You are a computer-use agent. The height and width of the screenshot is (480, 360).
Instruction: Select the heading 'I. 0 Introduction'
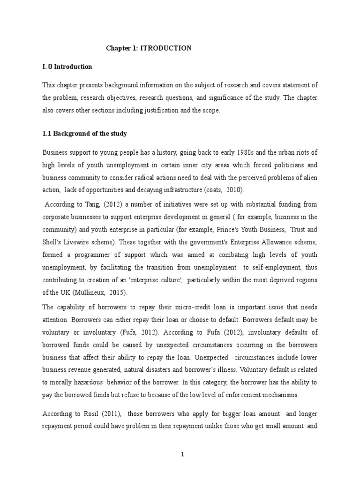point(67,67)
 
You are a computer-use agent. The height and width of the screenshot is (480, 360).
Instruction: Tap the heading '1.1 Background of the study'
point(84,134)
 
